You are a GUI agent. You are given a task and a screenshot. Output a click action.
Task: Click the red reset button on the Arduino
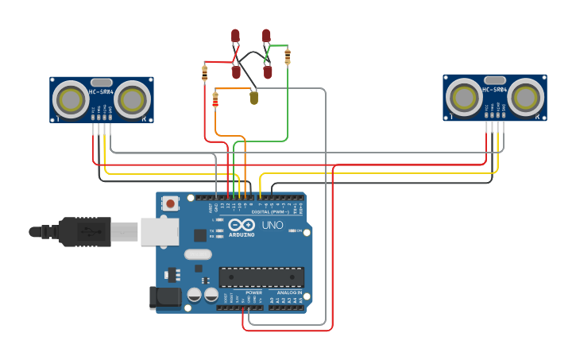(170, 203)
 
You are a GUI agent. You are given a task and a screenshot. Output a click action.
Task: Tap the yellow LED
(253, 98)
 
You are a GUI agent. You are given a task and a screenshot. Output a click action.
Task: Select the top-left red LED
(235, 36)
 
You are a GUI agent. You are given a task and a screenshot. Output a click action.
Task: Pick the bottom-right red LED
(268, 72)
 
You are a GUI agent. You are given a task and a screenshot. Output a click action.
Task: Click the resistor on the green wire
(287, 56)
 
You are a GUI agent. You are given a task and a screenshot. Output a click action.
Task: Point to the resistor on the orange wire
(215, 99)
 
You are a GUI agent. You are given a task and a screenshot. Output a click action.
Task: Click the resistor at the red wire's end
(205, 74)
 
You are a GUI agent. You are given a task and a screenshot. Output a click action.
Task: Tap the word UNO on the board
(273, 225)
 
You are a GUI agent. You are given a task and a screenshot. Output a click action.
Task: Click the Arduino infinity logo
(242, 225)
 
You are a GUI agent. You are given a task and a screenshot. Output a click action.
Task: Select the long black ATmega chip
(261, 277)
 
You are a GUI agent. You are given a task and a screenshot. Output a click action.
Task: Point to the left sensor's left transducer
(71, 100)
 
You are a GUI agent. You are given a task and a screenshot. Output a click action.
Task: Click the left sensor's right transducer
(132, 100)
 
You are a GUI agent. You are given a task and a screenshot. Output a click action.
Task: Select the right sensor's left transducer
(464, 98)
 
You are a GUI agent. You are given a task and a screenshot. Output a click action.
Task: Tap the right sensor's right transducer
(525, 98)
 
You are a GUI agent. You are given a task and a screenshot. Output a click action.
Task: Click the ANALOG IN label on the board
(289, 292)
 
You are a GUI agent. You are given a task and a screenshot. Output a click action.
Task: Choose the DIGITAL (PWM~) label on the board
(269, 211)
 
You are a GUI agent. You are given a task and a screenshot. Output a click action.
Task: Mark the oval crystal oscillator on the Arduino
(198, 254)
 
